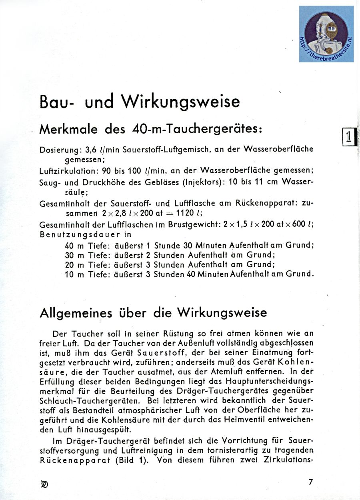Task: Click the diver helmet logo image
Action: pos(326,34)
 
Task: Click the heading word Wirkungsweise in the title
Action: pos(181,102)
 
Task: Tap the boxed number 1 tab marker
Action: pos(348,137)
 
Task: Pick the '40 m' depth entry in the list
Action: pos(75,246)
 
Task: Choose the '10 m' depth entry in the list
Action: pos(75,274)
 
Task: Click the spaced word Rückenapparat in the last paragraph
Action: pos(77,460)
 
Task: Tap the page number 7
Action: pos(310,482)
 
